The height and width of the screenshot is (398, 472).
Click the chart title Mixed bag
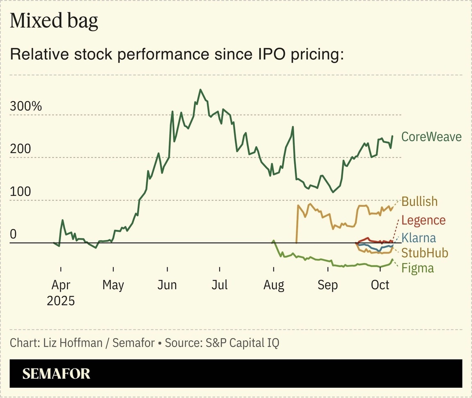coord(54,21)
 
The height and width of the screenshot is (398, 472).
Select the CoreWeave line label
coord(431,137)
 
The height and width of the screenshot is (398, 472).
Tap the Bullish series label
coord(419,201)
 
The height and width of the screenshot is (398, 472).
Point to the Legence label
coord(423,220)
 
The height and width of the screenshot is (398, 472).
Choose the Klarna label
coord(418,238)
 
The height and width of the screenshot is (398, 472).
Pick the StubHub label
coord(424,252)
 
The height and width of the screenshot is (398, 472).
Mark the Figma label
coord(418,268)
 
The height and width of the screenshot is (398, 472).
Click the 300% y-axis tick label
coord(26,106)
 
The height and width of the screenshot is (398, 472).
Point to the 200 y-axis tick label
coord(20,149)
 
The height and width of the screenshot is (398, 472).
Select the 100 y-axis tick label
coord(20,192)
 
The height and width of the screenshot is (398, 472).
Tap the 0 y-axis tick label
coord(14,234)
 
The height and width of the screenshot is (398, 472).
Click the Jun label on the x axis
coord(167,285)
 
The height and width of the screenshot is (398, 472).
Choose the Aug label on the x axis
coord(274,285)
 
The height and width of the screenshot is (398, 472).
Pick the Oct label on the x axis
coord(380,285)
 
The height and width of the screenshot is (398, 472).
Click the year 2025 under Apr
coord(61,301)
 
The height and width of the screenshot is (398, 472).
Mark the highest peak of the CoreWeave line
coord(200,90)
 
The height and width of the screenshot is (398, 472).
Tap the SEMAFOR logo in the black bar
coord(56,373)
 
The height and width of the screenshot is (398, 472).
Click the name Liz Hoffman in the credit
coord(73,343)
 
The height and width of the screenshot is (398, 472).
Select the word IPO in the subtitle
coord(256,55)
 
